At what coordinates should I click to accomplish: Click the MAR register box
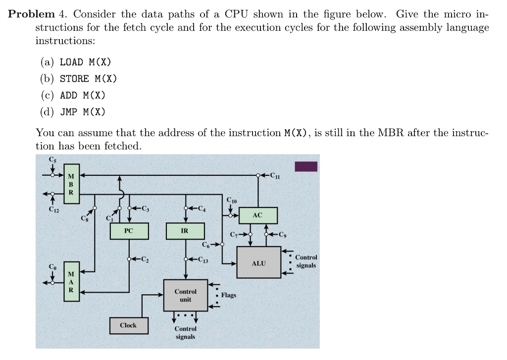71,282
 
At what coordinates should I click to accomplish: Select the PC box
128,231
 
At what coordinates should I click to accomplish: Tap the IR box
185,231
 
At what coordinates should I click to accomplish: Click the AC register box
257,215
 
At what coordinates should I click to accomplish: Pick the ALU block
259,263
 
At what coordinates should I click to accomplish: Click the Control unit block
186,296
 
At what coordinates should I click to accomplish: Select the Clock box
128,325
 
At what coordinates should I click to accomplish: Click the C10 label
231,201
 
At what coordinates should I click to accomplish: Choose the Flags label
229,295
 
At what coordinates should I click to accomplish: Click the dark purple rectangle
306,166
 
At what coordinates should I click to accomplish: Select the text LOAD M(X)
85,62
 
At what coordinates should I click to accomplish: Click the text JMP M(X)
82,111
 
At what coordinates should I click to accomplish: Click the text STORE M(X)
88,79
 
